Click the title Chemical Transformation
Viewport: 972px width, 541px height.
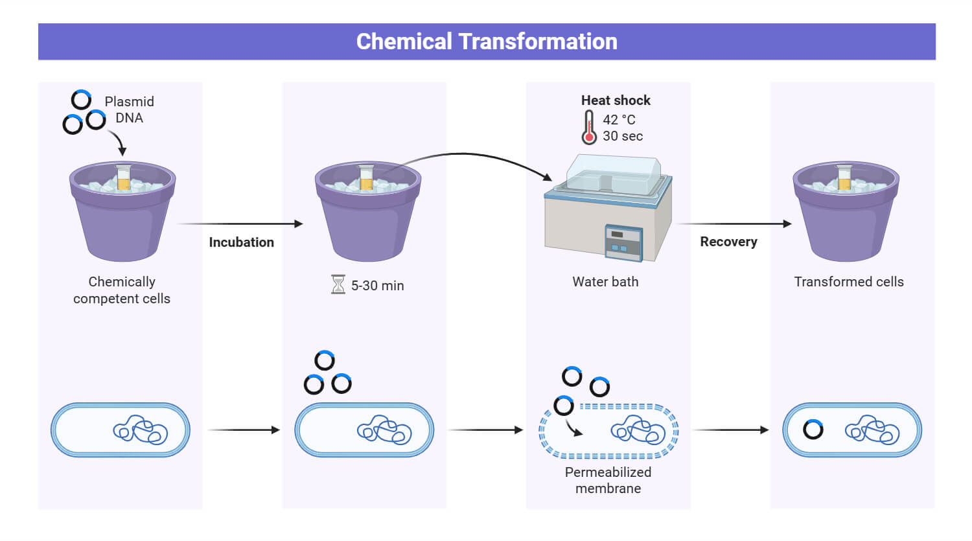[487, 41]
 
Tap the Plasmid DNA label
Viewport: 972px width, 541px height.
[129, 109]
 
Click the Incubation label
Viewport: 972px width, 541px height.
[241, 242]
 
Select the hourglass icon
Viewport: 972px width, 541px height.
[338, 284]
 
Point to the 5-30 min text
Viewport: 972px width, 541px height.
[377, 286]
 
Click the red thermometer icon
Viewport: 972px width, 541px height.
[588, 127]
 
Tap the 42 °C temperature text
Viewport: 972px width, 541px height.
[619, 120]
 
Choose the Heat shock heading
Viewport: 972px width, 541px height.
[616, 100]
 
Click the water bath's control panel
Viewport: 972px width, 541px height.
[623, 242]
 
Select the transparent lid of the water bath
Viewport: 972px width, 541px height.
[612, 174]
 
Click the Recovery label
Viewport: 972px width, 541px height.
[728, 242]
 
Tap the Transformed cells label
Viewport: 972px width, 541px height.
[849, 282]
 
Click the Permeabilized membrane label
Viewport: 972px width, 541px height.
[608, 480]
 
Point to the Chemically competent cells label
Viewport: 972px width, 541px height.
[122, 290]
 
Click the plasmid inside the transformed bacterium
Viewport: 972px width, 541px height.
[813, 430]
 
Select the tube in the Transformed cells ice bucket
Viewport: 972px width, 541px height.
[844, 178]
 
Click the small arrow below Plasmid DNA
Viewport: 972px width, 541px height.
[117, 142]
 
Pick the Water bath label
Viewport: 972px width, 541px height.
[605, 282]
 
